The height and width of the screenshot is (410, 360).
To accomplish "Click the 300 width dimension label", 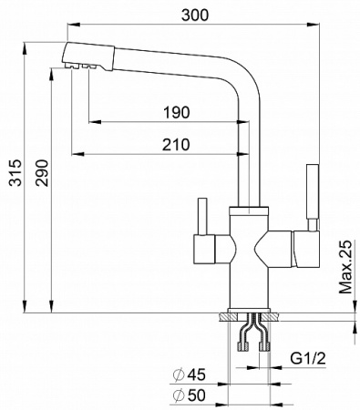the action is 195,15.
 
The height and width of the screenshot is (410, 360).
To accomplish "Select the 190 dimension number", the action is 177,112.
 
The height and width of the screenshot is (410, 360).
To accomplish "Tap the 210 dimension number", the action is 176,145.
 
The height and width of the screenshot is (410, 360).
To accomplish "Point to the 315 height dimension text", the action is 15,172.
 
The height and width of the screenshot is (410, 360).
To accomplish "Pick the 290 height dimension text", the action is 42,173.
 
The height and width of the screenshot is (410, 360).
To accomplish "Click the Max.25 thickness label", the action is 345,267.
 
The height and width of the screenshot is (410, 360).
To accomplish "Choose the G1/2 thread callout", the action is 308,359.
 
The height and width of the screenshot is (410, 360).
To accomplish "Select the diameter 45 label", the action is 190,374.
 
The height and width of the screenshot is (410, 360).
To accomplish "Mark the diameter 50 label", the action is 190,395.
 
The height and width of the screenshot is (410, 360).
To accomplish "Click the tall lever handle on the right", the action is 313,198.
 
